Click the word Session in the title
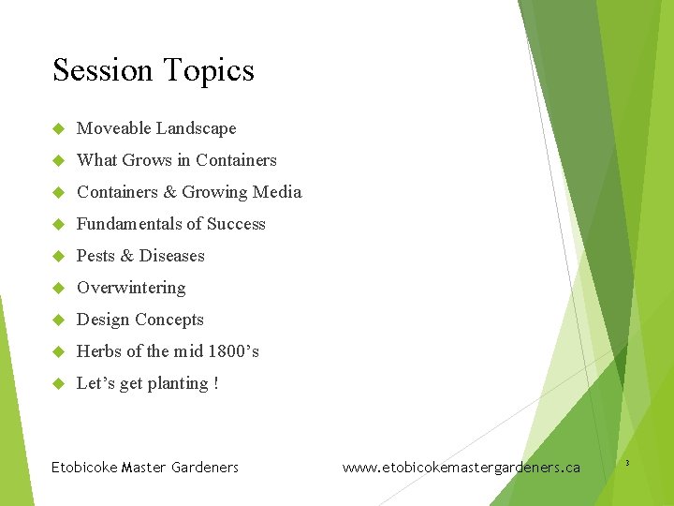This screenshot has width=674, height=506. (103, 71)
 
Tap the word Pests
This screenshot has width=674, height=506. (95, 256)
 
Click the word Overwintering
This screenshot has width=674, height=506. (131, 288)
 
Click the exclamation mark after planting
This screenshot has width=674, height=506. (216, 383)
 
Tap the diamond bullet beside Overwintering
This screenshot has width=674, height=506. (57, 288)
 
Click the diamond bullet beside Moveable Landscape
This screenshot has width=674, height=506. (57, 128)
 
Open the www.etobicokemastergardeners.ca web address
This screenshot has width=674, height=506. (462, 467)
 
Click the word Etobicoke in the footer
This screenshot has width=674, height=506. (83, 467)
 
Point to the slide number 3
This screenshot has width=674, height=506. (626, 463)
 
